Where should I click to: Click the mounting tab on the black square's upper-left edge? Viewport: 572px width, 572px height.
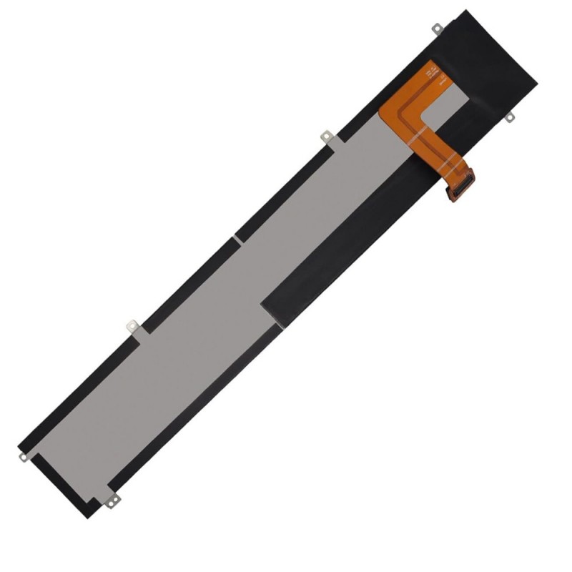point(435,29)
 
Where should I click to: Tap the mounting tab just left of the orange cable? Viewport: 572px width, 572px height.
point(326,135)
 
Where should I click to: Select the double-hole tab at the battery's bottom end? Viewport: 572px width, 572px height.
point(112,500)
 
